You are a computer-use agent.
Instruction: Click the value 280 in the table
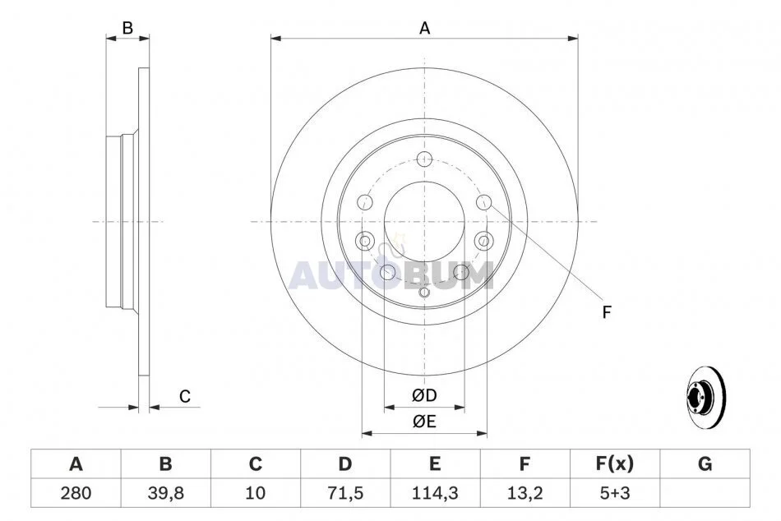(x=76, y=493)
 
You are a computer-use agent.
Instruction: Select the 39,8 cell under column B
(x=166, y=493)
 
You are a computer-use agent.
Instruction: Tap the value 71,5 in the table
(x=345, y=493)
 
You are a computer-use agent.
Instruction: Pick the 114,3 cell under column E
(x=435, y=493)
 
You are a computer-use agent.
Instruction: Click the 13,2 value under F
(x=525, y=493)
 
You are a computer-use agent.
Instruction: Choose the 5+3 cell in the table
(x=615, y=493)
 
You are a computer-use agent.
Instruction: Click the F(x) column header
(x=615, y=463)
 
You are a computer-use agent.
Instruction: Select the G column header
(x=705, y=463)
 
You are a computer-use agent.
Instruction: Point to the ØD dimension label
(x=424, y=395)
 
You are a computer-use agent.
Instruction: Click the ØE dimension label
(x=424, y=422)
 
